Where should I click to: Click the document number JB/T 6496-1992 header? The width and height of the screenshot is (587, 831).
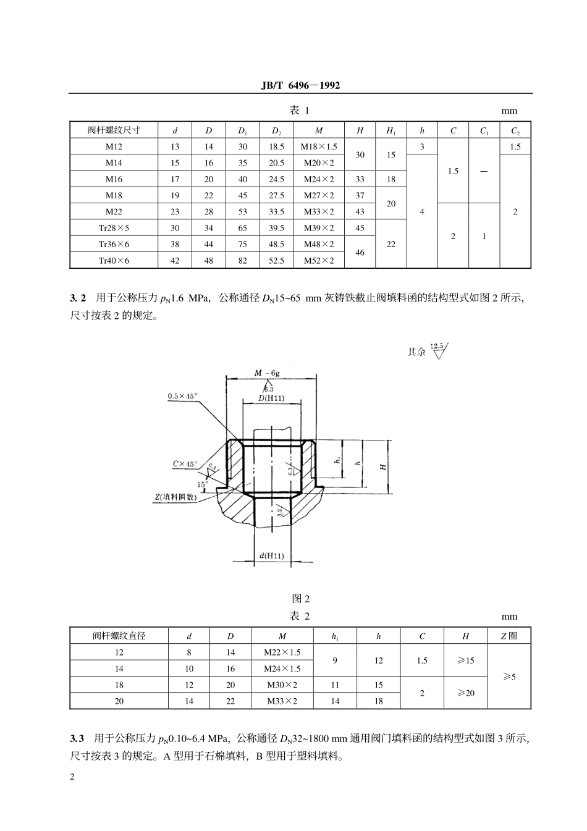point(300,86)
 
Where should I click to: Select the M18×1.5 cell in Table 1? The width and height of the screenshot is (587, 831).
point(319,146)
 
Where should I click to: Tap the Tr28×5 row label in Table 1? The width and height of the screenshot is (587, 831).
point(114,228)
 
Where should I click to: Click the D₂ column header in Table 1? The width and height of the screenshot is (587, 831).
point(276,130)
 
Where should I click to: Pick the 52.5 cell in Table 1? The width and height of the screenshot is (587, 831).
point(276,261)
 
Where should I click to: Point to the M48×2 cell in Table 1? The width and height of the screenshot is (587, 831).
point(319,244)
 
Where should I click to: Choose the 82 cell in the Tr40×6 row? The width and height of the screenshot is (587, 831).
point(243,261)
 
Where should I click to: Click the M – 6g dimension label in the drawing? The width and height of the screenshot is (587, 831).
point(267,373)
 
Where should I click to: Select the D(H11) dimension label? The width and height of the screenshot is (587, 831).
point(271,399)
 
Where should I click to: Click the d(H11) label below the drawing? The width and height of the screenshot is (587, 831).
point(272,556)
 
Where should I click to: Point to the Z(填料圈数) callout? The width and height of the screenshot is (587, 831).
point(175,496)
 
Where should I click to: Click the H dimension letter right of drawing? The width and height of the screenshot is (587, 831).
point(383,466)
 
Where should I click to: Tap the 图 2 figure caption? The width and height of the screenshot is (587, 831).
point(300,598)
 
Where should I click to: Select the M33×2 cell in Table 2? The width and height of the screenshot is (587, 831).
point(282,701)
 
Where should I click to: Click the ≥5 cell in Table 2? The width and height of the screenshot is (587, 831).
point(509,677)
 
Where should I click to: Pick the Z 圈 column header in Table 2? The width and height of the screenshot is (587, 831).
point(509,636)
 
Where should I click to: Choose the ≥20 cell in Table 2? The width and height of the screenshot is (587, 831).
point(465,693)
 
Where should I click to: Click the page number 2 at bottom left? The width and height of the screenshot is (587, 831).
point(72,777)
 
